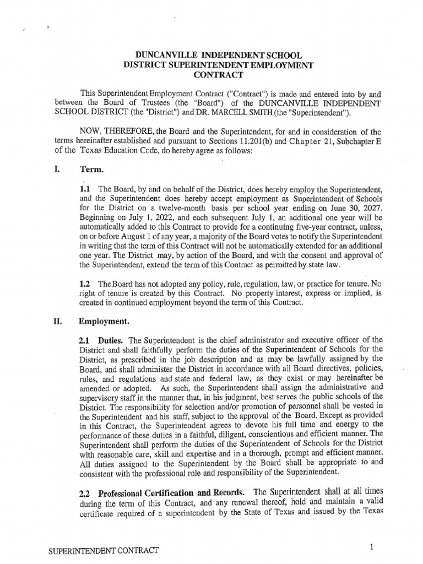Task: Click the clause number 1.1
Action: (x=86, y=189)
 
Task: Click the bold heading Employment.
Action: (x=104, y=320)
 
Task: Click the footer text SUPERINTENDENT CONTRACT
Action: (x=104, y=551)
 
